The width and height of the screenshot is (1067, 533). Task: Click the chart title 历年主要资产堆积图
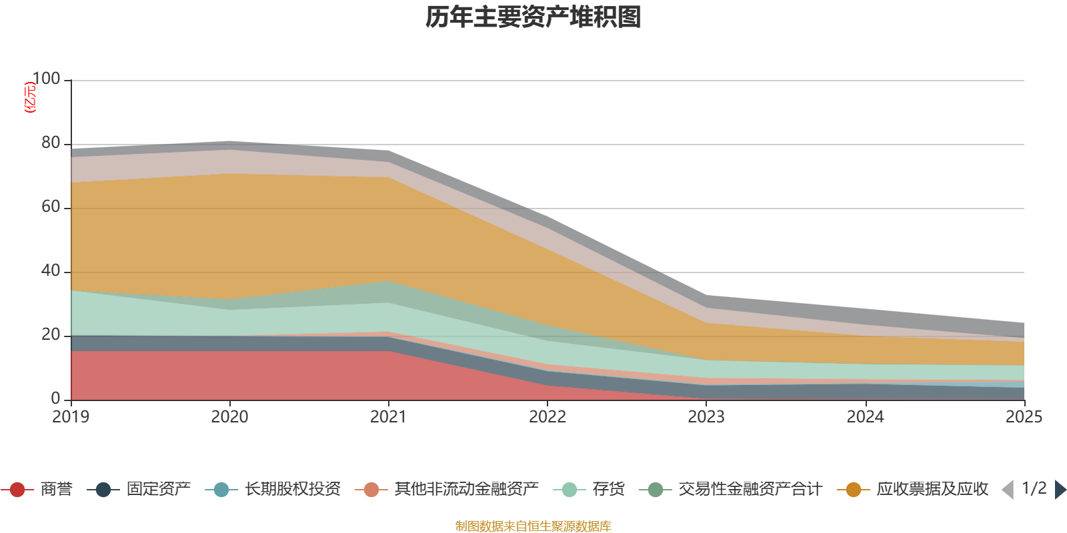pyautogui.click(x=533, y=17)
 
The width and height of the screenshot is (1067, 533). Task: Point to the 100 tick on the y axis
pyautogui.click(x=46, y=79)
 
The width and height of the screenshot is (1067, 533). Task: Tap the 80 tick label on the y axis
pyautogui.click(x=51, y=143)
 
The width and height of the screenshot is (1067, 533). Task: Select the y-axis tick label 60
pyautogui.click(x=51, y=207)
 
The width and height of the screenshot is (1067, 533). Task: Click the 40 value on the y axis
pyautogui.click(x=51, y=271)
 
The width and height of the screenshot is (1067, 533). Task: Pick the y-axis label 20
pyautogui.click(x=51, y=335)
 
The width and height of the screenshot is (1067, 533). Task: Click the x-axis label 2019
pyautogui.click(x=71, y=417)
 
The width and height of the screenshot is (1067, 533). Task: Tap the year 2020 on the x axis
pyautogui.click(x=229, y=417)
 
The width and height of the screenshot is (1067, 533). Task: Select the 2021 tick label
pyautogui.click(x=388, y=417)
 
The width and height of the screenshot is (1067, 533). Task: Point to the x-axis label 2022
pyautogui.click(x=547, y=417)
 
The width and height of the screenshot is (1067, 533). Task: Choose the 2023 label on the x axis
pyautogui.click(x=706, y=417)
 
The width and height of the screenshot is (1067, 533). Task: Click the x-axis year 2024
pyautogui.click(x=865, y=417)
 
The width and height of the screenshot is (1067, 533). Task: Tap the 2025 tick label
pyautogui.click(x=1024, y=417)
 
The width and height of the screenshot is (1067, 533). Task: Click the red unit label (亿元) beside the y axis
pyautogui.click(x=29, y=97)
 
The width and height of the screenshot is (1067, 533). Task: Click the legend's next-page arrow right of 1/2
pyautogui.click(x=1060, y=490)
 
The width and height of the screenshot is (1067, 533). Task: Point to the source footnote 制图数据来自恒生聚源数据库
pyautogui.click(x=533, y=526)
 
